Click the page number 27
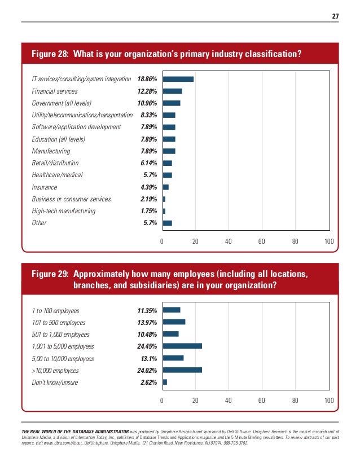pyautogui.click(x=335, y=16)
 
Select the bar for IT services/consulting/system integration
pyautogui.click(x=178, y=79)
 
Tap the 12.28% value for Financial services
pyautogui.click(x=147, y=91)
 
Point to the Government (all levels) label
pyautogui.click(x=62, y=103)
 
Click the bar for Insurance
pyautogui.click(x=165, y=187)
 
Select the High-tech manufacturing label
pyautogui.click(x=64, y=211)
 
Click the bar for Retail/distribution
pyautogui.click(x=167, y=163)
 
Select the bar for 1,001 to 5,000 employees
pyautogui.click(x=182, y=346)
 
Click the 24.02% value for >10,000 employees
pyautogui.click(x=147, y=371)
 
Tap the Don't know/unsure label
pyautogui.click(x=55, y=383)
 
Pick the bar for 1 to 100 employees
pyautogui.click(x=171, y=310)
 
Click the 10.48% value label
pyautogui.click(x=147, y=334)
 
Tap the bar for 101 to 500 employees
pyautogui.click(x=173, y=322)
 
